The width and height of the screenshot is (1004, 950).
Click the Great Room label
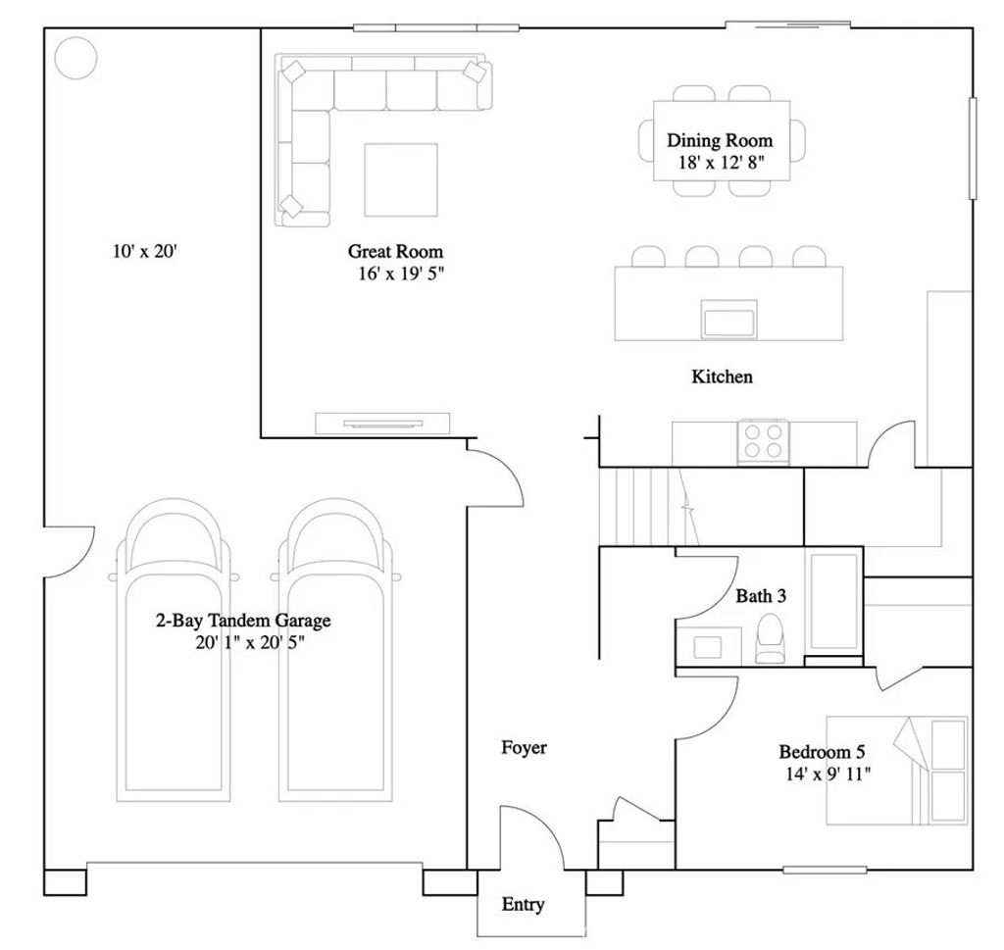pos(395,251)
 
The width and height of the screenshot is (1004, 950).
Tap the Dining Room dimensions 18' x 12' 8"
pos(722,163)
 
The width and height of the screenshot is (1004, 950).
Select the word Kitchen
pos(722,376)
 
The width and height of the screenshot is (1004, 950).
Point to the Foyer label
pos(524,748)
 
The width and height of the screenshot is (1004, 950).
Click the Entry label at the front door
pos(524,904)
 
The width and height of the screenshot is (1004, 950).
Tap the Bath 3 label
pos(761,596)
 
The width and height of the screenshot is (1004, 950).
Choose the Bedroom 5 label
pos(822,752)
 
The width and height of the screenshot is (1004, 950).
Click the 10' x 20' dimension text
pos(144,251)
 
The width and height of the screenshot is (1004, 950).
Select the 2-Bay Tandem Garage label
pos(243,621)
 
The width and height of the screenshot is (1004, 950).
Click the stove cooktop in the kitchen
pos(763,441)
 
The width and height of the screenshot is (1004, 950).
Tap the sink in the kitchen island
pos(728,319)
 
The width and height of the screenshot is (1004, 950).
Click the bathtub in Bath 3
pos(833,602)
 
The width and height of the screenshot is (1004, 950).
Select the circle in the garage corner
pos(75,58)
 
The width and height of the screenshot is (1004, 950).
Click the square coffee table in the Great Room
pos(401,179)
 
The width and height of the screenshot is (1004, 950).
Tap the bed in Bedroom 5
pos(896,771)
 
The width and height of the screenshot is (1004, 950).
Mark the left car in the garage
pos(173,650)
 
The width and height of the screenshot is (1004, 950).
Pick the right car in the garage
pos(335,650)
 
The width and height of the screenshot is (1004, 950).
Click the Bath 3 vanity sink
pos(708,647)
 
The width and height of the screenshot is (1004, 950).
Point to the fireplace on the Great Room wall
pos(382,424)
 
